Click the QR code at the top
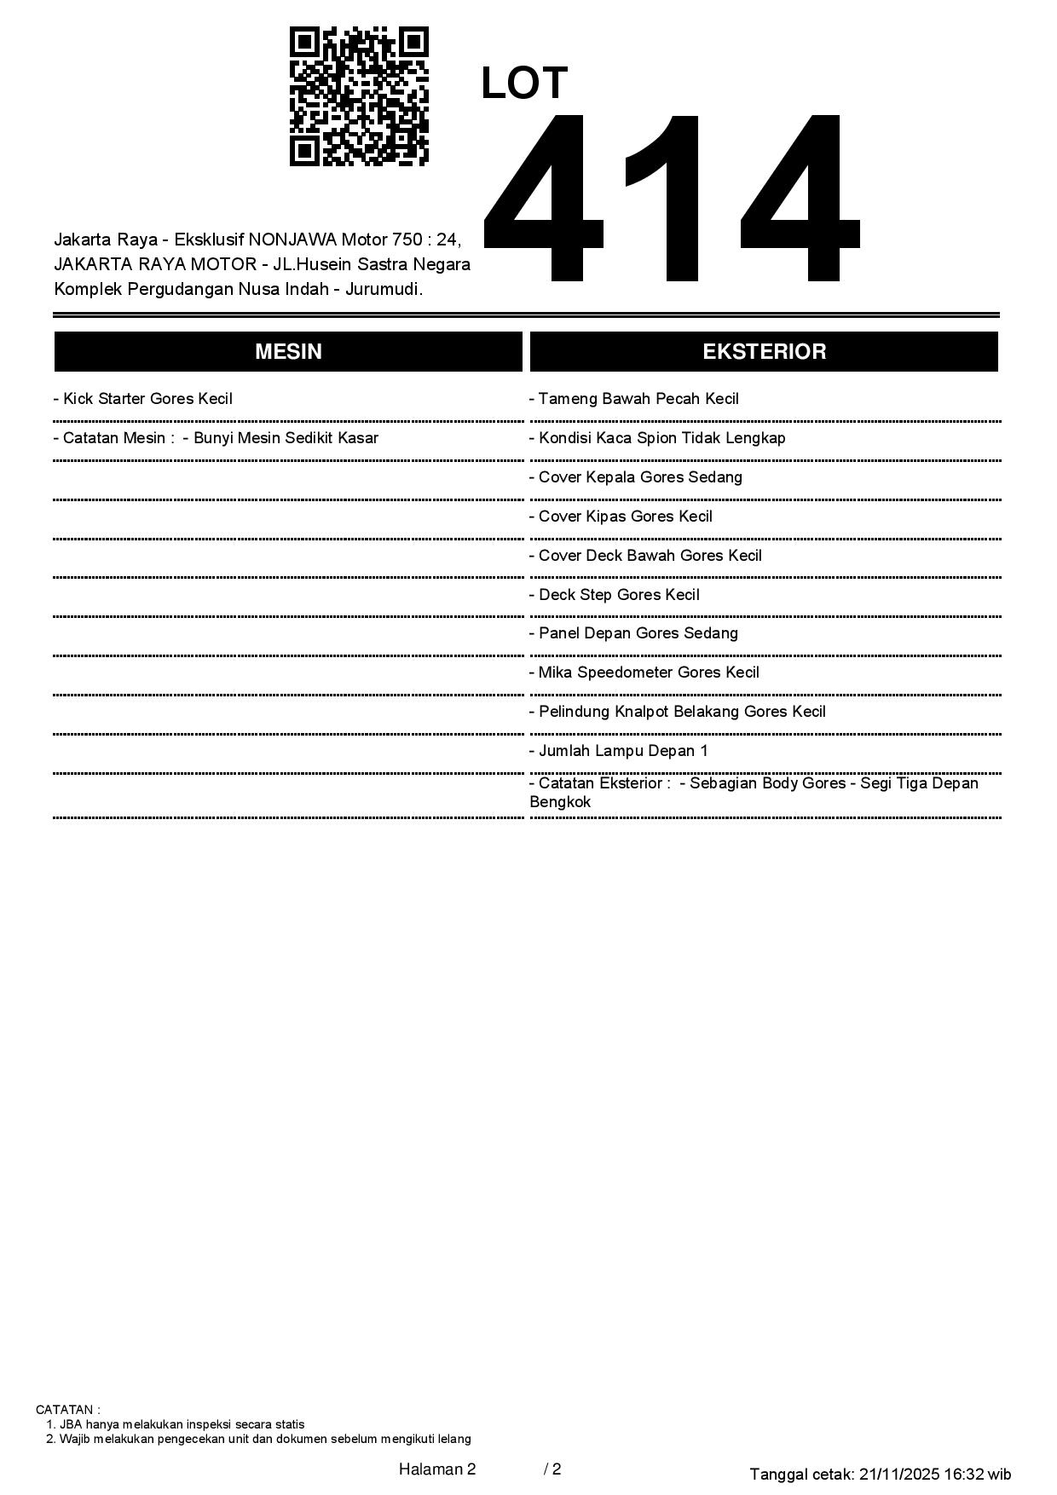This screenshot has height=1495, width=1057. point(359,96)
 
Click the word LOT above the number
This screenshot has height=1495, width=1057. point(524,84)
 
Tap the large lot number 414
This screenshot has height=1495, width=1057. point(671,198)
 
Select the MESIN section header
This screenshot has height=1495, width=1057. point(288,352)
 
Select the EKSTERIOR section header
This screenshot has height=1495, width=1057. point(764,352)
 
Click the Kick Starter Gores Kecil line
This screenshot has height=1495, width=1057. point(143,399)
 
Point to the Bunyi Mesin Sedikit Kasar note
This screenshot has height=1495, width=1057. point(280,438)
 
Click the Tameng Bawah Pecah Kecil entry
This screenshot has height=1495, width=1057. point(634,399)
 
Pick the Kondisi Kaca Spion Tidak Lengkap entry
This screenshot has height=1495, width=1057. point(657,438)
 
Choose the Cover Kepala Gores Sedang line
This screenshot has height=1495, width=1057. point(636,477)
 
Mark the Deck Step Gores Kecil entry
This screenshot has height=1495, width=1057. point(615,595)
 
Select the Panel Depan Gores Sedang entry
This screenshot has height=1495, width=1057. point(633,633)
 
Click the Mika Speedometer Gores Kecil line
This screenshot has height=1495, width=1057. point(644,672)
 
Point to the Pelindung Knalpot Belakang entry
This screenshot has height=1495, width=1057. point(678,712)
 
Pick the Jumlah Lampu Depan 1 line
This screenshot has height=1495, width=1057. point(619,751)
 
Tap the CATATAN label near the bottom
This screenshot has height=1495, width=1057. point(67,1410)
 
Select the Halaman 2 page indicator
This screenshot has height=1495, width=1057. point(437,1469)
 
